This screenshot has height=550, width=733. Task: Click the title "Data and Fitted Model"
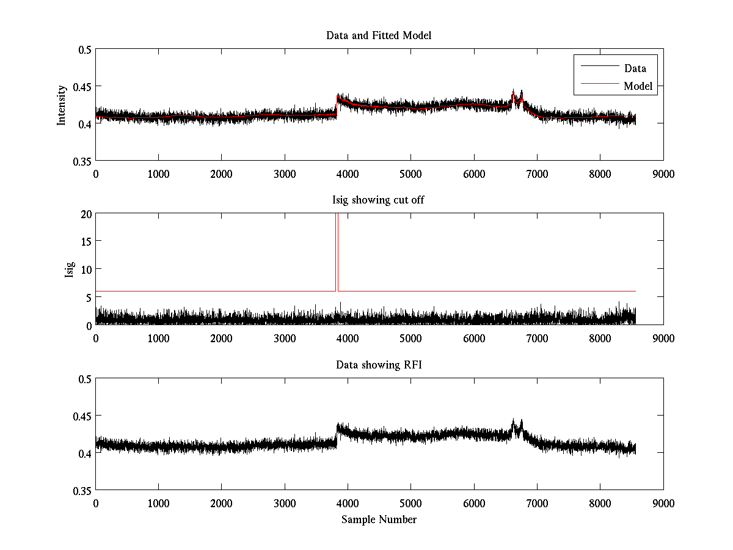[x=379, y=35]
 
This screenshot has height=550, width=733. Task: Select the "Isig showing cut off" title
[x=379, y=200]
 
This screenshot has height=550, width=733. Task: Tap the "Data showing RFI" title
[x=379, y=365]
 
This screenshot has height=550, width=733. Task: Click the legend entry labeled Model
[x=638, y=86]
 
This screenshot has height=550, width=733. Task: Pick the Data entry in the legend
[x=635, y=68]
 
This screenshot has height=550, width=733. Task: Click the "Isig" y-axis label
[x=69, y=269]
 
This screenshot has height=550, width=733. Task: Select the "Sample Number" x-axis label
[x=379, y=519]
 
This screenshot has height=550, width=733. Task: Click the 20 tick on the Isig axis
[x=86, y=214]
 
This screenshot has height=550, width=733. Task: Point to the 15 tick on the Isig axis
[x=86, y=241]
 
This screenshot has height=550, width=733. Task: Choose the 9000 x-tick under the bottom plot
[x=663, y=502]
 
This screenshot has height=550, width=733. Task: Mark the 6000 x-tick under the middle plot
[x=474, y=338]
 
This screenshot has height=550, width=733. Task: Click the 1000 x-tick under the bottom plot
[x=158, y=502]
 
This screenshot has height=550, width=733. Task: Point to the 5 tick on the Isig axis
[x=89, y=297]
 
